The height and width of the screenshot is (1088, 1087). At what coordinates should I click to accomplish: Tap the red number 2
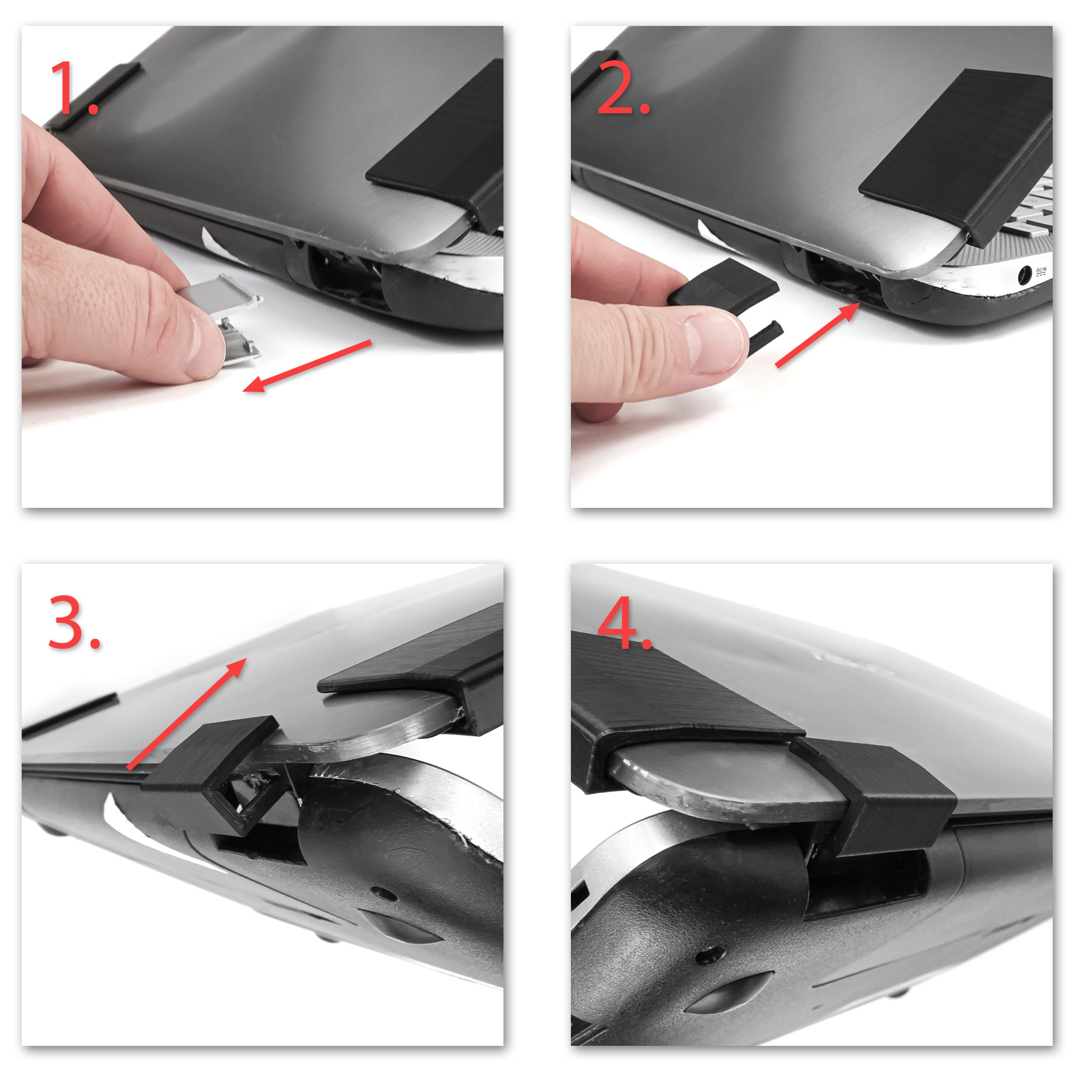click(x=624, y=87)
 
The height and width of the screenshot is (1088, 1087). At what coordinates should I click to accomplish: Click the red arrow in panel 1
click(x=307, y=366)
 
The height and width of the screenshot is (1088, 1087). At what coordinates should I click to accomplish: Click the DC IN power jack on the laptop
click(x=1023, y=277)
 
